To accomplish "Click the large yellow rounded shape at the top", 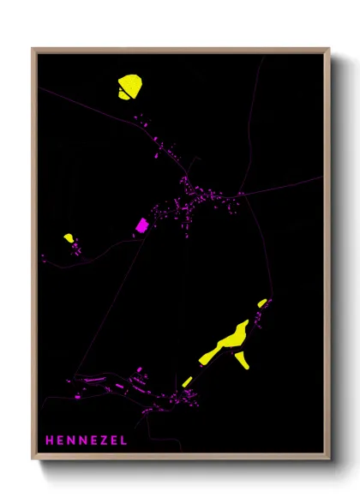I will tap(129, 87).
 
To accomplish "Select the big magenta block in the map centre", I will tap(142, 225).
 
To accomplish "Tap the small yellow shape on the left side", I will tap(69, 237).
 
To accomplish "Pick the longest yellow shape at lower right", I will tap(224, 343).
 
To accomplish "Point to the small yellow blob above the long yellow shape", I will tap(262, 303).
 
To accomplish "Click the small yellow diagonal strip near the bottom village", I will tap(187, 381).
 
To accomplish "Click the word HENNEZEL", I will tap(86, 441).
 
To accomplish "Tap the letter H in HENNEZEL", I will tap(50, 441).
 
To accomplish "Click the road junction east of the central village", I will tap(241, 194).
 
